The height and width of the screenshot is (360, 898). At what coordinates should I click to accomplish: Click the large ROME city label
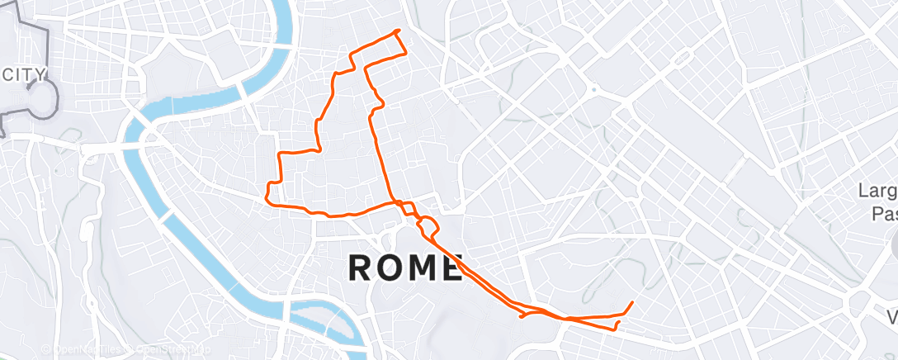[404, 268]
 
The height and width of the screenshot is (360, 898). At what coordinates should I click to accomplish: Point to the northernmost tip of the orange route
[399, 31]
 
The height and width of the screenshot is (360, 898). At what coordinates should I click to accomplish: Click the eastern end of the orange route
[632, 303]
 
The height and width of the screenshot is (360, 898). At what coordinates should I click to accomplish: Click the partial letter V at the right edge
[892, 316]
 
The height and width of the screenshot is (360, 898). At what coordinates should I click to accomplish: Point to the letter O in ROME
[389, 268]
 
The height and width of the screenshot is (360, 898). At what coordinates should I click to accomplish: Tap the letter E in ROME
[447, 268]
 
